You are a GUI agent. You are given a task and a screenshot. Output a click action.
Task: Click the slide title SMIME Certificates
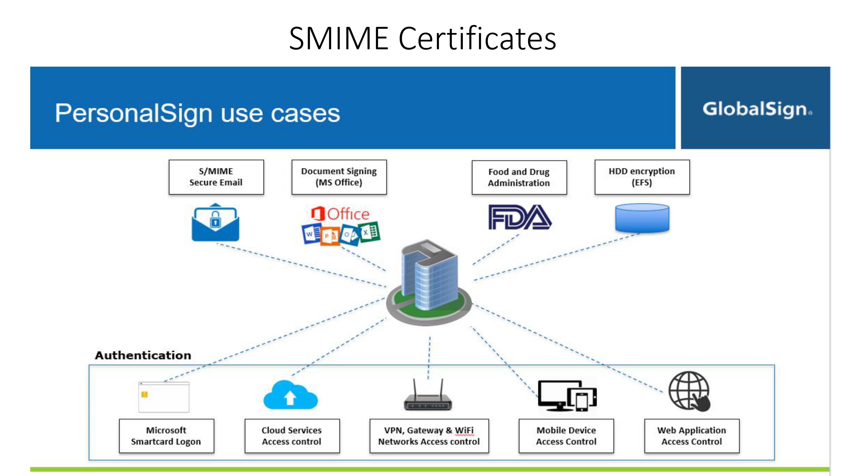tap(423, 39)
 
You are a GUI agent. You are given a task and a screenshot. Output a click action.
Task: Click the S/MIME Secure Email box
tap(216, 177)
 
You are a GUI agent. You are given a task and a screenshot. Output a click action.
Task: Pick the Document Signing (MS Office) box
tap(339, 177)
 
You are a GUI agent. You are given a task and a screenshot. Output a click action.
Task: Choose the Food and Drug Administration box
tap(519, 177)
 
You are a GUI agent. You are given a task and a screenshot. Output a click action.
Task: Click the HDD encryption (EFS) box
tap(642, 177)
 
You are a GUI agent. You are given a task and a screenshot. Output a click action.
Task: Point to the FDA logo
tap(520, 217)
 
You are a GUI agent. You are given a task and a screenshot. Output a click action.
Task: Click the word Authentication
tap(143, 355)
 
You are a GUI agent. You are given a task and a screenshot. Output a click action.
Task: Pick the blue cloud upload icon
tap(290, 395)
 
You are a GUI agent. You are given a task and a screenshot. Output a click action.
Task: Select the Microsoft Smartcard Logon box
tap(166, 436)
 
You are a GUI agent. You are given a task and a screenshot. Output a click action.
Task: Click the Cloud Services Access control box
tap(292, 436)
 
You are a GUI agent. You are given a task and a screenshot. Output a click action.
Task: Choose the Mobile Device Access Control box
tap(566, 436)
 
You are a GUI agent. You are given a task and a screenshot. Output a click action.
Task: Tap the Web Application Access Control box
tap(692, 436)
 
